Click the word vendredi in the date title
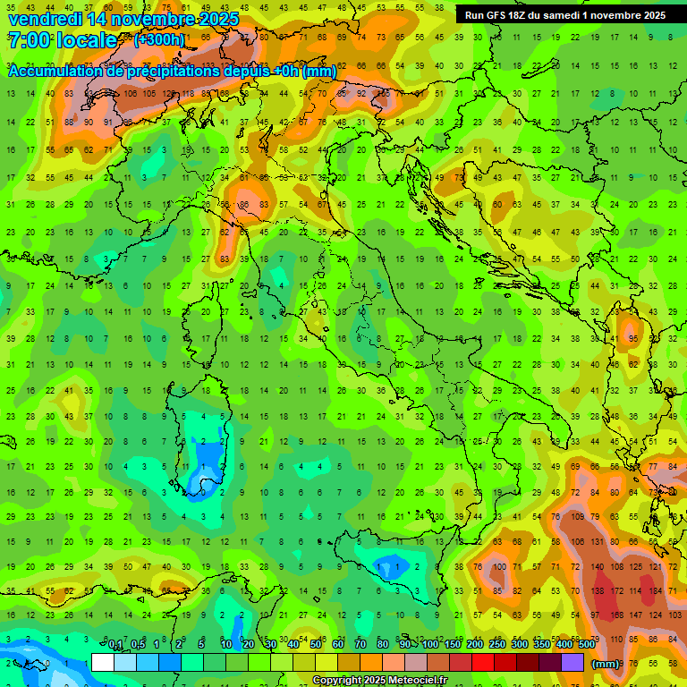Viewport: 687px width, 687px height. tap(45, 19)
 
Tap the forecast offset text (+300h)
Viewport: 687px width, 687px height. tap(160, 40)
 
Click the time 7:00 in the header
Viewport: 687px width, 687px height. tap(28, 40)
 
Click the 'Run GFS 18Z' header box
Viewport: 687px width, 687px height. tap(564, 15)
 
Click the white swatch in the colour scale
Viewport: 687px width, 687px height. tap(103, 663)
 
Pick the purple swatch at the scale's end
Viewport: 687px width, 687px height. tap(572, 663)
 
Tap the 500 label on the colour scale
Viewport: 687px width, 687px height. tap(586, 644)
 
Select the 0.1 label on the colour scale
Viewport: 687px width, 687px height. tap(115, 644)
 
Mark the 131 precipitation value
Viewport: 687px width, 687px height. tap(594, 542)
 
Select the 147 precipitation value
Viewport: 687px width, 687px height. tap(636, 615)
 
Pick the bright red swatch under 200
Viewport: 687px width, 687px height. tap(481, 663)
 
